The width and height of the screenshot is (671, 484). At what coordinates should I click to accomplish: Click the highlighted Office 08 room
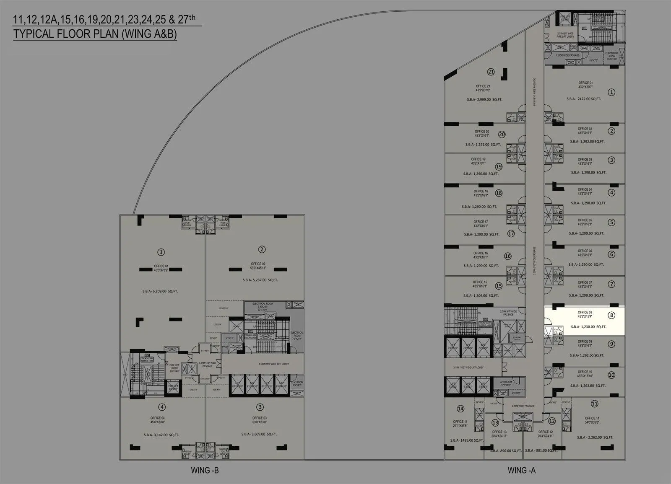point(585,320)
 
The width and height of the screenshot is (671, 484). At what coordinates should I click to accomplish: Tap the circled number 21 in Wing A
point(491,72)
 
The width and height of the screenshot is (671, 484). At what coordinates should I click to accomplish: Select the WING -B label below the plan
point(205,470)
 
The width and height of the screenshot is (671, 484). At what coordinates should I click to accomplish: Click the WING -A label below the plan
point(521,470)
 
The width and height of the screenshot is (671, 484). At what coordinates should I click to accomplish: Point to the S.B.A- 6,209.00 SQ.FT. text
point(160,291)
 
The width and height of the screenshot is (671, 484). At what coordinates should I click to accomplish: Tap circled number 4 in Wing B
point(162,407)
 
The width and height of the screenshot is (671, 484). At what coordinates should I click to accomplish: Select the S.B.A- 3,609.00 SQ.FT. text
point(260,434)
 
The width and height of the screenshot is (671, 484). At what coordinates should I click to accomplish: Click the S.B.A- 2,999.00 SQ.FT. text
point(484,100)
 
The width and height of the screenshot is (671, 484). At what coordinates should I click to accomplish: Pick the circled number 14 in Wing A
point(460,409)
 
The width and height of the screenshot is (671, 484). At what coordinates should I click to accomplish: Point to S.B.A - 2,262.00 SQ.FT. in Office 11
point(595,437)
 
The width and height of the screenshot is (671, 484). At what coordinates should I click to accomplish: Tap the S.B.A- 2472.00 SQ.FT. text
point(583,99)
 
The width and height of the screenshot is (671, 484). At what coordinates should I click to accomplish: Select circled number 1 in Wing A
point(611,92)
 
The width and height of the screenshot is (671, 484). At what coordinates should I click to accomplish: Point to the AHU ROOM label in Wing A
point(506,382)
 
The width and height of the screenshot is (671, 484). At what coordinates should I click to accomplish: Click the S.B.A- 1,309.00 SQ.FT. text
point(481,295)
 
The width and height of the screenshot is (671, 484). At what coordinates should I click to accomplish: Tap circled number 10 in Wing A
point(611,375)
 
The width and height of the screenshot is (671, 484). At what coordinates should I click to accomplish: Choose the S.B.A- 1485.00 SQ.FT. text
point(467,440)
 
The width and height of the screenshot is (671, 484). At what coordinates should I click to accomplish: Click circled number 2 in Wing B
point(262,249)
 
